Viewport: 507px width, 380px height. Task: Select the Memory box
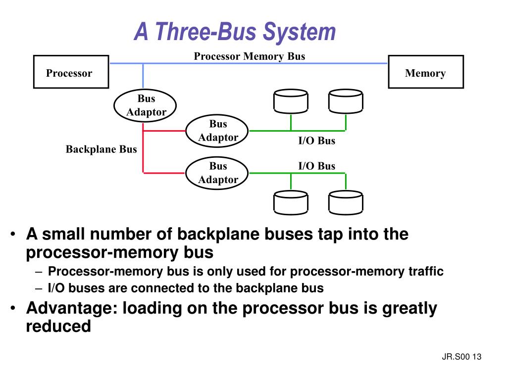tap(426, 73)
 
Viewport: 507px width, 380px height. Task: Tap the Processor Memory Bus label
tap(249, 56)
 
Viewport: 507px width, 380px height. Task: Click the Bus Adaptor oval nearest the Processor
tap(146, 105)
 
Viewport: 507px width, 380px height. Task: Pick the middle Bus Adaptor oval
tap(218, 131)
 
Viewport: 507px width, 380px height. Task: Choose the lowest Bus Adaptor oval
tap(218, 173)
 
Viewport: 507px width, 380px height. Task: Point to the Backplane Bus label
tap(101, 149)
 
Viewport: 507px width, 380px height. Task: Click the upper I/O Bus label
tap(316, 141)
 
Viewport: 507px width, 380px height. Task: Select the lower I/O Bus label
tap(316, 166)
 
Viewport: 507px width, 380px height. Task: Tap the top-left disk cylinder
tap(291, 101)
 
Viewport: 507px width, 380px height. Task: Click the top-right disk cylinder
tap(345, 101)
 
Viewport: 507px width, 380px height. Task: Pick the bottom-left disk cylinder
tap(291, 203)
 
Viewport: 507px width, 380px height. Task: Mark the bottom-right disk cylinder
tap(345, 203)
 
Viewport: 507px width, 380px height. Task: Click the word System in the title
tap(299, 32)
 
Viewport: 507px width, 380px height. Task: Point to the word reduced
tap(58, 327)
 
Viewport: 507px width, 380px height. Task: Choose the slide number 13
tap(477, 357)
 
